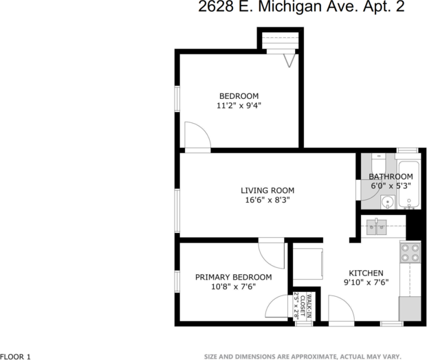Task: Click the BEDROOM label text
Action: tap(239, 95)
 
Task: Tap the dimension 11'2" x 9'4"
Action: tap(239, 106)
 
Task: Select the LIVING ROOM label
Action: tap(267, 190)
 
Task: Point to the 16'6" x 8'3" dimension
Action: tap(267, 201)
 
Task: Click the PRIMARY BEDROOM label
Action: tap(233, 277)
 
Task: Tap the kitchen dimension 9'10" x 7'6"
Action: tap(366, 282)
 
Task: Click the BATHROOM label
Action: tap(391, 177)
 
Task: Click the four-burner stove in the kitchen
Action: tap(410, 254)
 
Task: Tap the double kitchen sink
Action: tap(375, 225)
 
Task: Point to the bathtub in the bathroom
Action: tap(408, 184)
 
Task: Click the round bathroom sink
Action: tap(386, 202)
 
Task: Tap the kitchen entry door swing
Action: tap(340, 308)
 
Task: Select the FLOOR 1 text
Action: tap(16, 356)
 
